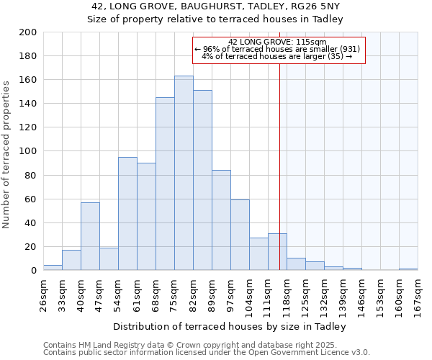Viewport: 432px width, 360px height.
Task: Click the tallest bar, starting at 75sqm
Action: (x=184, y=173)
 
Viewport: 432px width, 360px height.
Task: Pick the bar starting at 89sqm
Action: (x=221, y=220)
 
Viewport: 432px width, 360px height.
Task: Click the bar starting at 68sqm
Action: (x=165, y=184)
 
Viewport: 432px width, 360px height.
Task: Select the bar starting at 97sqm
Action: (x=240, y=235)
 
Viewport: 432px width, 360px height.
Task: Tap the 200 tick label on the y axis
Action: (x=28, y=32)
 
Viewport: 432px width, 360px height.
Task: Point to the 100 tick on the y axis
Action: (x=28, y=151)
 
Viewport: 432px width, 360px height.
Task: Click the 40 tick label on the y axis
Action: (x=31, y=222)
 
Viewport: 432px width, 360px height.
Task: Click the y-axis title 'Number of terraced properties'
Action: (x=6, y=154)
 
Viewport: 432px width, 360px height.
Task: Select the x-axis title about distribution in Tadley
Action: (x=229, y=327)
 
